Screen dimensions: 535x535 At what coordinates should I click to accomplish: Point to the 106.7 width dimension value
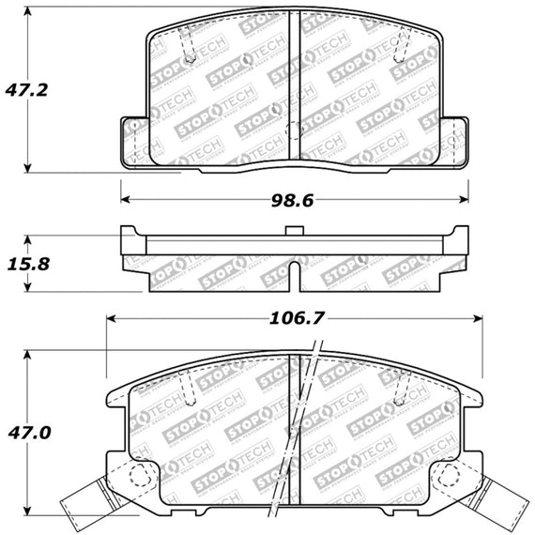coord(297,318)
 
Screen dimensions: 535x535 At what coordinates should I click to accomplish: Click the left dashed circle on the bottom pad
coord(141,476)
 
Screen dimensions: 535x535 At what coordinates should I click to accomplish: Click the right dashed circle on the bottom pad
coord(449,476)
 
